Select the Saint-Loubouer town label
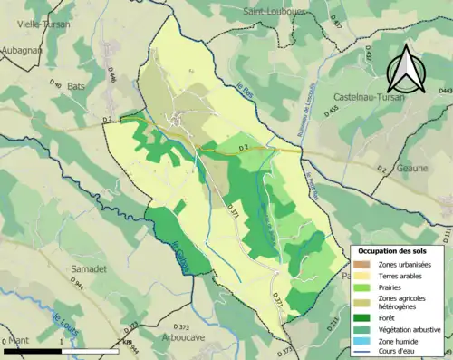(x=272, y=11)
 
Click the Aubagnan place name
(x=20, y=51)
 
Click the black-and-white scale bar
(x=61, y=351)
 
